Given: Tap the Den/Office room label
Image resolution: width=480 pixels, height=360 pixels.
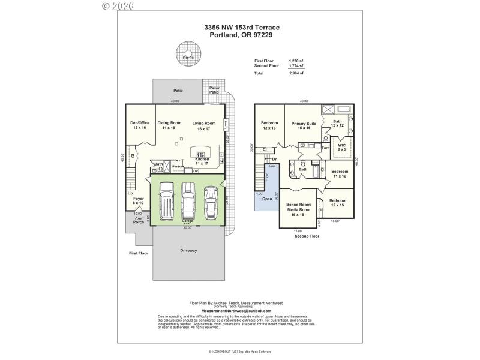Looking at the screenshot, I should [139, 125].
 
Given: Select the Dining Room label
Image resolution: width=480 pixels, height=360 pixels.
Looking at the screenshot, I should [169, 125].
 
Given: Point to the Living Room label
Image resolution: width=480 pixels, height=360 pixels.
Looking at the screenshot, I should [204, 125].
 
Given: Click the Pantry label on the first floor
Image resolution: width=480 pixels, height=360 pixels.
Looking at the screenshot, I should [177, 166].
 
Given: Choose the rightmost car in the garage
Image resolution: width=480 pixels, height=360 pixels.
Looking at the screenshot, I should [210, 202].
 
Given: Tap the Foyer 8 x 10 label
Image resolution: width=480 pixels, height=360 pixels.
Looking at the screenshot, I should [139, 200].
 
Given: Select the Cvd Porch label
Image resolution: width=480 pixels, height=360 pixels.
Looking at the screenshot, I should [139, 221].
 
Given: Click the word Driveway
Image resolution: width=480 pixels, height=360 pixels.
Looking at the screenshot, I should [188, 250].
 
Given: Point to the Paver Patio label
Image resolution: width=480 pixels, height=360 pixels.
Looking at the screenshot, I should [215, 90].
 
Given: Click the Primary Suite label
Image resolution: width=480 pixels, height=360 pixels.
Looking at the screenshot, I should [304, 125].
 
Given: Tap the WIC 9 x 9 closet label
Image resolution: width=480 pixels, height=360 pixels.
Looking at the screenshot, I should [342, 147].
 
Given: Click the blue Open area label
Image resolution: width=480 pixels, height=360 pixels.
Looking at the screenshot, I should [267, 199].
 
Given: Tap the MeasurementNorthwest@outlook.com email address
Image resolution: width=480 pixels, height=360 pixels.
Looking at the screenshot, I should [236, 311].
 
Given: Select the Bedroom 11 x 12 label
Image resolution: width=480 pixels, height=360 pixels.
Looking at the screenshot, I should [340, 173].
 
